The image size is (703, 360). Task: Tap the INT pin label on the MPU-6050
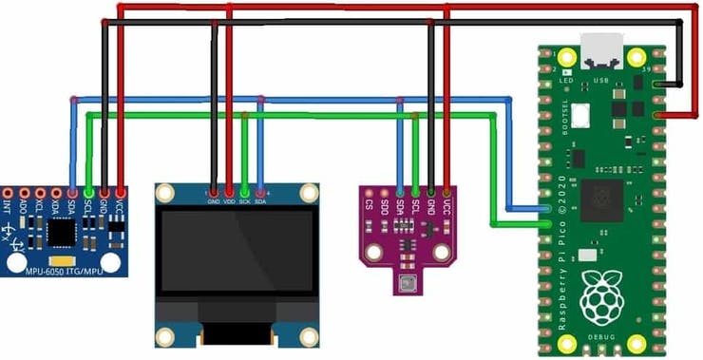click(x=8, y=203)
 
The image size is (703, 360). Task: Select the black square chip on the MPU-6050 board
click(x=63, y=231)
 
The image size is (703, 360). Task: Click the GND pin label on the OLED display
click(x=214, y=200)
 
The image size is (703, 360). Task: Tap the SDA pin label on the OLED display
click(x=260, y=200)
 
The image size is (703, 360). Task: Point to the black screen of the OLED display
click(x=237, y=251)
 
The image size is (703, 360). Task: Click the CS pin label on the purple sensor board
click(x=370, y=204)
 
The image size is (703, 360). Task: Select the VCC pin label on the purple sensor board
click(x=446, y=204)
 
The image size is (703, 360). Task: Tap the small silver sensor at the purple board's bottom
click(x=409, y=282)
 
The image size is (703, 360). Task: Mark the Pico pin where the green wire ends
click(x=546, y=224)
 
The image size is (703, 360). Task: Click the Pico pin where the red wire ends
click(x=658, y=115)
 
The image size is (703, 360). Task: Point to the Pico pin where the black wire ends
click(x=658, y=84)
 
